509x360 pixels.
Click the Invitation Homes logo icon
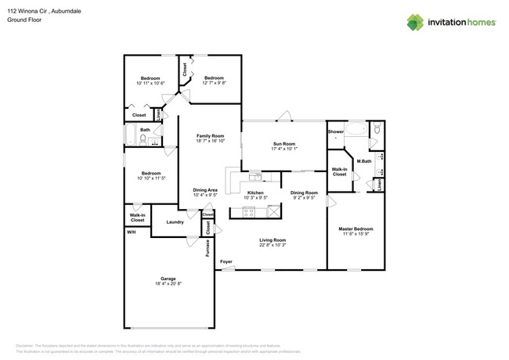pos(416,22)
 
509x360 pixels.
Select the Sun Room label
pos(283,144)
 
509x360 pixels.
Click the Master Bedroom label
pos(356,229)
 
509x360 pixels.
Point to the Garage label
pos(168,279)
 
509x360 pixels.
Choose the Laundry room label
pos(175,222)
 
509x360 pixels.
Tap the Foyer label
pos(226,261)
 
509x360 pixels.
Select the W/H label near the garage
pos(130,232)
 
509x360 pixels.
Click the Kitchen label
pos(255,193)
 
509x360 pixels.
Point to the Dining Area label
pos(205,190)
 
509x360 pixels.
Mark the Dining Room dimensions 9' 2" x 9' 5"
pos(304,198)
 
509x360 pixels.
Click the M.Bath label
pos(363,162)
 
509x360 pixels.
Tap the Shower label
pos(335,132)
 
